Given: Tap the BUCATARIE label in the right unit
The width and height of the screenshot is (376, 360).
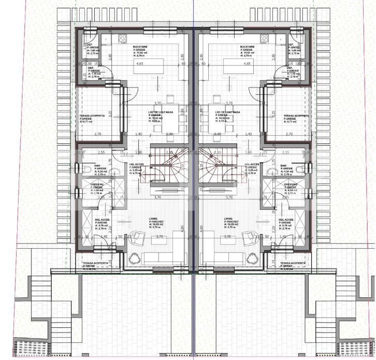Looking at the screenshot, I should tap(248, 46).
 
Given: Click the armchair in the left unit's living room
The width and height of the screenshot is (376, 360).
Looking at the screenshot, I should tap(138, 237).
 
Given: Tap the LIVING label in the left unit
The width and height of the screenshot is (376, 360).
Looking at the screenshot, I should tap(153, 219).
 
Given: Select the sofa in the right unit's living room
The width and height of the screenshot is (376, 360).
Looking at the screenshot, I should tap(225, 258).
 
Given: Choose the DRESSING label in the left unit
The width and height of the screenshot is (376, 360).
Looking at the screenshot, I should tap(98, 184).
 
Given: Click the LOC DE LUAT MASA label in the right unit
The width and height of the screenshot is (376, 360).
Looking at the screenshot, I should tap(229, 112).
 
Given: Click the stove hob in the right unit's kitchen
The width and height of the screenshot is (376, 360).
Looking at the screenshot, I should tap(264, 37).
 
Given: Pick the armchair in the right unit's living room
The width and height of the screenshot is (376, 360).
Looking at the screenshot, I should tap(249, 237).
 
